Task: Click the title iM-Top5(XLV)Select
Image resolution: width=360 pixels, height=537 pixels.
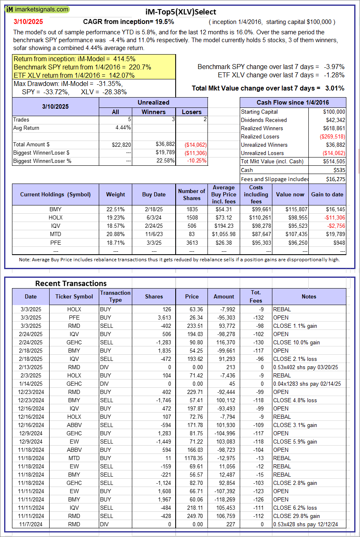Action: click(x=181, y=12)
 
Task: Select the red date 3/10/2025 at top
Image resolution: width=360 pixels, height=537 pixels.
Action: click(x=28, y=21)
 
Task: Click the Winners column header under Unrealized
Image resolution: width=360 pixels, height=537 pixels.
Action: click(x=153, y=112)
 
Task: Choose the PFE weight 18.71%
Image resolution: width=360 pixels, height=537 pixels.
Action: click(x=115, y=242)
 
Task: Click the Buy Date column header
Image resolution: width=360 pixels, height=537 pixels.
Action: click(x=154, y=194)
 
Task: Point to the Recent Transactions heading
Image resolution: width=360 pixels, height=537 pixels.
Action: click(x=71, y=283)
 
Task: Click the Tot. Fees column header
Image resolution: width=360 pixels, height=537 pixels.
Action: click(x=256, y=296)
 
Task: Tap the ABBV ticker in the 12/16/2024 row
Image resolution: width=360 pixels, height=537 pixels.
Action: click(x=74, y=425)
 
